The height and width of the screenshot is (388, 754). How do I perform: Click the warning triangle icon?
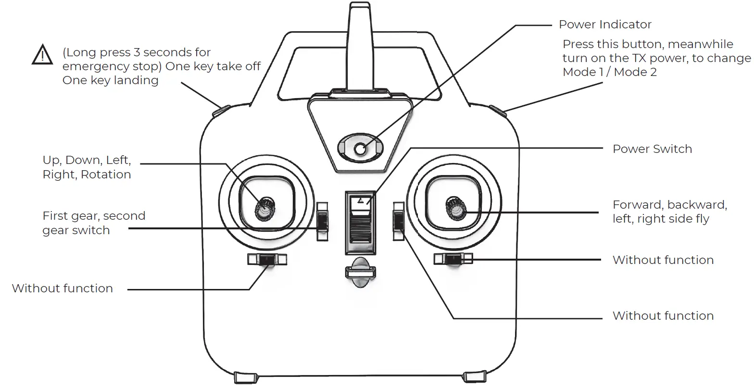tap(42, 55)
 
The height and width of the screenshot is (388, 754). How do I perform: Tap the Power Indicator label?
tap(605, 25)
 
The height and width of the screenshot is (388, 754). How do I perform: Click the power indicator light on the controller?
tap(360, 150)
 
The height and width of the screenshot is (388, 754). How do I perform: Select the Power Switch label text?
tap(652, 149)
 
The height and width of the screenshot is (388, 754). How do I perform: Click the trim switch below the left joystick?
tap(267, 260)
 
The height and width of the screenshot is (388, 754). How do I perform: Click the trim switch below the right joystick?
tap(453, 259)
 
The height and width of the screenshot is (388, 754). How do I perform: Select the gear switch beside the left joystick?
tap(322, 222)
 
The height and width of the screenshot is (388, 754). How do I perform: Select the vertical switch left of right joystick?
tap(398, 221)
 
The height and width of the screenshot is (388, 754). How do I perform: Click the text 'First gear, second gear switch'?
tap(94, 223)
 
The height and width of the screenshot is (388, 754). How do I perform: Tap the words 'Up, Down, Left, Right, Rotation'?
tap(87, 167)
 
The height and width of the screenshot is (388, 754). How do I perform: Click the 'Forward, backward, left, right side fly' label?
tap(669, 212)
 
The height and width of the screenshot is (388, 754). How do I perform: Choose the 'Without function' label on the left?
tap(63, 288)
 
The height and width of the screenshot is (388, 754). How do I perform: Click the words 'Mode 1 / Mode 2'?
tap(609, 72)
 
